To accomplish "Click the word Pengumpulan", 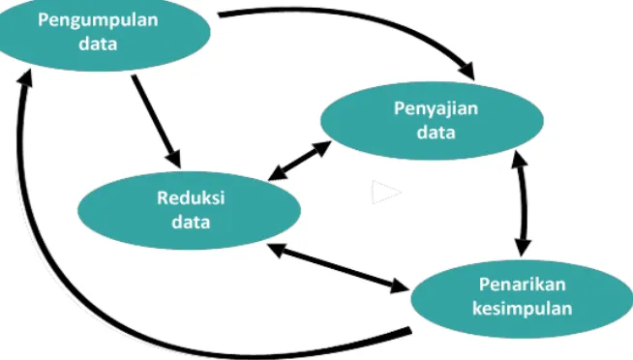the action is (x=98, y=20).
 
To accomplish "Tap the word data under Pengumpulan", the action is (x=98, y=44).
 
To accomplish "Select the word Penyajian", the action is (x=436, y=109).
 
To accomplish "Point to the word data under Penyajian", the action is (x=436, y=132).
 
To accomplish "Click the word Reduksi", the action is (x=191, y=197).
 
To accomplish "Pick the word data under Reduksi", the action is (x=191, y=222).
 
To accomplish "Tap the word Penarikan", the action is (x=522, y=285).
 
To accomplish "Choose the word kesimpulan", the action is (x=522, y=309).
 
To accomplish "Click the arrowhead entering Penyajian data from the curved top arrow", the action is (x=467, y=71).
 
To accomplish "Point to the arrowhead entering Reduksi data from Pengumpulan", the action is (x=174, y=159).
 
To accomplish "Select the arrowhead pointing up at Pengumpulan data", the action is (x=25, y=76).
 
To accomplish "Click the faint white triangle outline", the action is (x=386, y=193).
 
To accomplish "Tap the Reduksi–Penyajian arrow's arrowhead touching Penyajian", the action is (x=322, y=148).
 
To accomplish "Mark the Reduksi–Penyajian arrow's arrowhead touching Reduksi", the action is (x=277, y=173).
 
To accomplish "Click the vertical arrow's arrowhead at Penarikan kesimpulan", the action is (x=523, y=248).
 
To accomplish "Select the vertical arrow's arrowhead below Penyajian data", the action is (x=519, y=159).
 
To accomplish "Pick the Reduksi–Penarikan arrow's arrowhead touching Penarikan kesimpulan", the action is (x=400, y=286).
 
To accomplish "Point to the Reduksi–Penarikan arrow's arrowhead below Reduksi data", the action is (x=277, y=250).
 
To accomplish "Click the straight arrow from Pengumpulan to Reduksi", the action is (x=156, y=121).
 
